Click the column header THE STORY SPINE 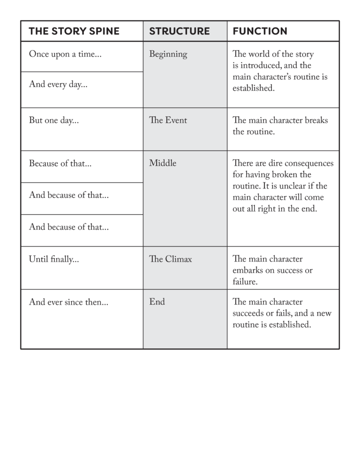74,31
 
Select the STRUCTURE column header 179,31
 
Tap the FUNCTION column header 260,31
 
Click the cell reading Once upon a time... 65,54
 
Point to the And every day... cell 58,85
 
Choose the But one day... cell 54,120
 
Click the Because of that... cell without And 60,164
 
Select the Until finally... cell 54,259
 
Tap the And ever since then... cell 68,302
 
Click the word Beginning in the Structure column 168,54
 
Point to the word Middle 163,164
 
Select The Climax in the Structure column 170,259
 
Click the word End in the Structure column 157,302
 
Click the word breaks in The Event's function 316,120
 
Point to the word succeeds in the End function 250,314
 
